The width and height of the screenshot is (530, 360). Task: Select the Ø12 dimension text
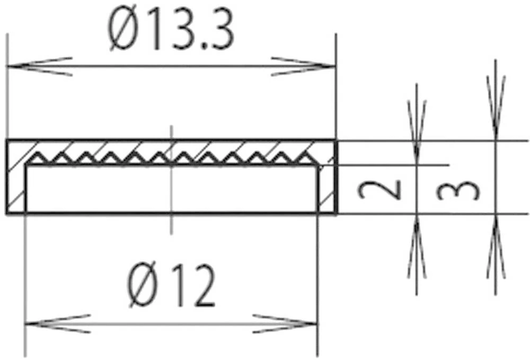point(172,287)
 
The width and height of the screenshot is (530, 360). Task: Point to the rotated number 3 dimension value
point(459,190)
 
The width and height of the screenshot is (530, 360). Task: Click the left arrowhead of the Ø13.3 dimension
point(37,66)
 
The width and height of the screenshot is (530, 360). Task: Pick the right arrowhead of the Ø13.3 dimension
point(305,66)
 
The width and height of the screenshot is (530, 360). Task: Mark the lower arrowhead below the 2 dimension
point(417,247)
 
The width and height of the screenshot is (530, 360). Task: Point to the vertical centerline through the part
point(171,223)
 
